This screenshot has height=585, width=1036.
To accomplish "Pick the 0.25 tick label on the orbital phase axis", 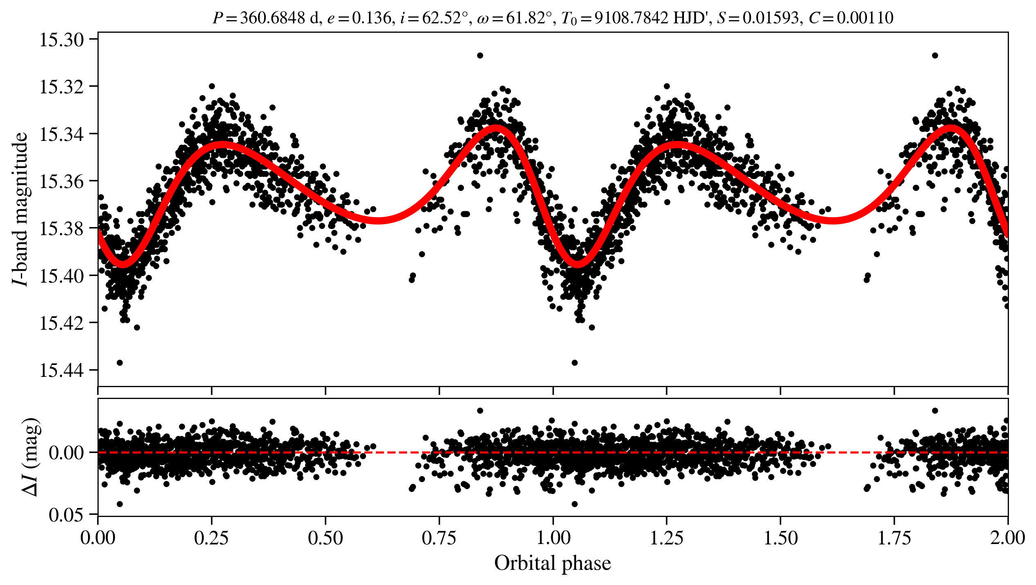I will [212, 538].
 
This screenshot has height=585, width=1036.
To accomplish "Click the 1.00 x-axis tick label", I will [553, 538].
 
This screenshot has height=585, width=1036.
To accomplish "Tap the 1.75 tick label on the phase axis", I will [894, 538].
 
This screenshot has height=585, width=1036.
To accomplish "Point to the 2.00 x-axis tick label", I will [1007, 538].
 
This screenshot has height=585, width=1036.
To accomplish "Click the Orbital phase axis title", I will [552, 563].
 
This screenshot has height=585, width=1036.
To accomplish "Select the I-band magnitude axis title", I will [20, 209].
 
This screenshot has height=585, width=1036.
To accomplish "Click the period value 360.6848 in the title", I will [272, 18].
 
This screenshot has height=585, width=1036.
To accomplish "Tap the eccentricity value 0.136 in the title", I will [372, 18].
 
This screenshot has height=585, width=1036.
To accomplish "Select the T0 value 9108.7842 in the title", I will [631, 18].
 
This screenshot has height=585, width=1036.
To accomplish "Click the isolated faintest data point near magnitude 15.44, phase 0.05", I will [120, 363].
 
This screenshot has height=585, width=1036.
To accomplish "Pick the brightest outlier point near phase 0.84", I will [480, 55].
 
